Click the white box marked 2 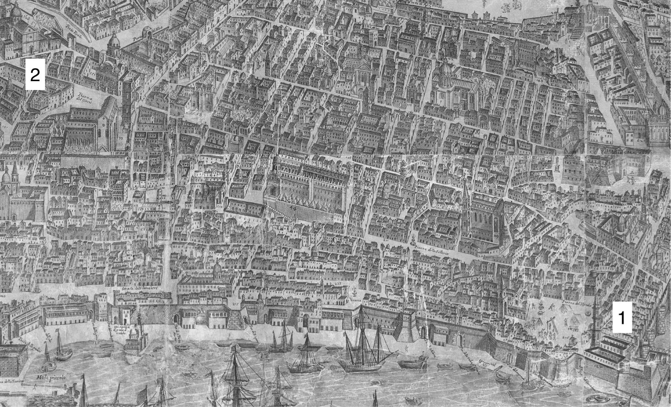[x=35, y=75]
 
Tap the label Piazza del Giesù [x=81, y=97]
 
